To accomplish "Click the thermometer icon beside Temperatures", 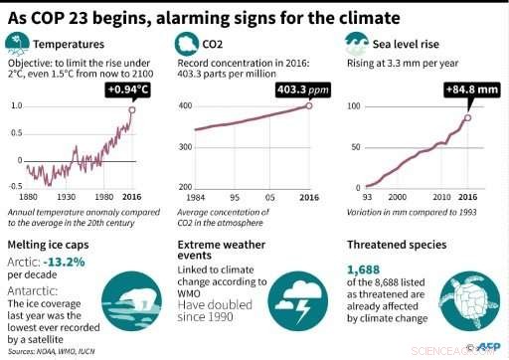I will [17, 43].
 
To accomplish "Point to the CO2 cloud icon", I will [187, 43].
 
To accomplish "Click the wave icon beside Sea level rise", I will [355, 43].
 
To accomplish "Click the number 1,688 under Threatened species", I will [364, 269].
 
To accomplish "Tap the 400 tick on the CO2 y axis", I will [184, 105].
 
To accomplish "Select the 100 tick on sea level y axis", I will [353, 105].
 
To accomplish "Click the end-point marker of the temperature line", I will [132, 109].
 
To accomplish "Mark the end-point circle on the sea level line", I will [467, 118].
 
